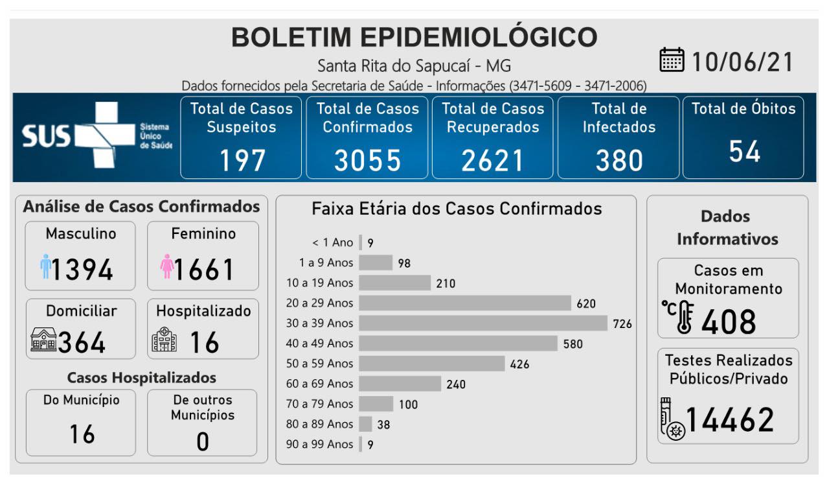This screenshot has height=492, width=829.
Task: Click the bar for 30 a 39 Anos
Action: coord(483,323)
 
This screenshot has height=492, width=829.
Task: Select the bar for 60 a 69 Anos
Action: coord(400,384)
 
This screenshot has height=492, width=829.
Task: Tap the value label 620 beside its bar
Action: coord(586,303)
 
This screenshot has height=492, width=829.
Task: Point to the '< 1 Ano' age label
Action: coord(333,242)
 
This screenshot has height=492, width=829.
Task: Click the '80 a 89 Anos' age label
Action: coord(320,424)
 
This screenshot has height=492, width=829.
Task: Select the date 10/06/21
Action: coord(742,62)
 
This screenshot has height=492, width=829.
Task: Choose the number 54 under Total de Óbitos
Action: coord(744,152)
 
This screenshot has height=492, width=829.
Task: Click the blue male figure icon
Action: coord(45,266)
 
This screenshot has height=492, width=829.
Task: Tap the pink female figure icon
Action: coord(167,266)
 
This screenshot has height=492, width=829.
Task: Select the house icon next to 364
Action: coord(43,340)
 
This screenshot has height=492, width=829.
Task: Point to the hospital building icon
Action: coord(164,339)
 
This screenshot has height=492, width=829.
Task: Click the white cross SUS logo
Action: coord(97,135)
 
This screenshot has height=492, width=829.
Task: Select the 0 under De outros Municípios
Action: coord(203,441)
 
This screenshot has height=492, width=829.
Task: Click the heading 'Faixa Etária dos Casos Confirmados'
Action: coord(457,209)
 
